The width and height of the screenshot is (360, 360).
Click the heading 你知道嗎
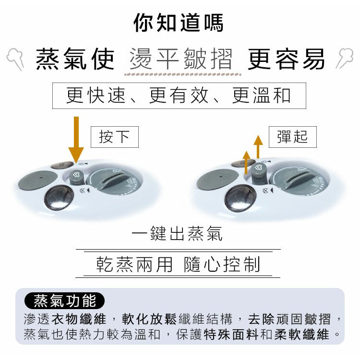[x=179, y=23]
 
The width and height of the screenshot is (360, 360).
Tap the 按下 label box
[x=115, y=137]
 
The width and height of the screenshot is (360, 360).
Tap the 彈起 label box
[x=292, y=137]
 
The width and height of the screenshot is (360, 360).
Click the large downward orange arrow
[x=76, y=140]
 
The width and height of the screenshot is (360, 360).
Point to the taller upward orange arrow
[x=258, y=147]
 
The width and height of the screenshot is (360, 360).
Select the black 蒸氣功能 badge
[x=64, y=300]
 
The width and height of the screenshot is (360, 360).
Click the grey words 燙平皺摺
[x=181, y=59]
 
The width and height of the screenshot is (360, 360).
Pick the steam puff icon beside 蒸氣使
[x=16, y=59]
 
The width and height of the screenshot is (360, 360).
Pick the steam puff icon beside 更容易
[x=344, y=58]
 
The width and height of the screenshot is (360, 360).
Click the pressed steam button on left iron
[x=76, y=177]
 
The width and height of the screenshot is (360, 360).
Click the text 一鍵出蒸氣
[x=177, y=233]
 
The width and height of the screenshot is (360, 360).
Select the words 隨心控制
[x=222, y=264]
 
